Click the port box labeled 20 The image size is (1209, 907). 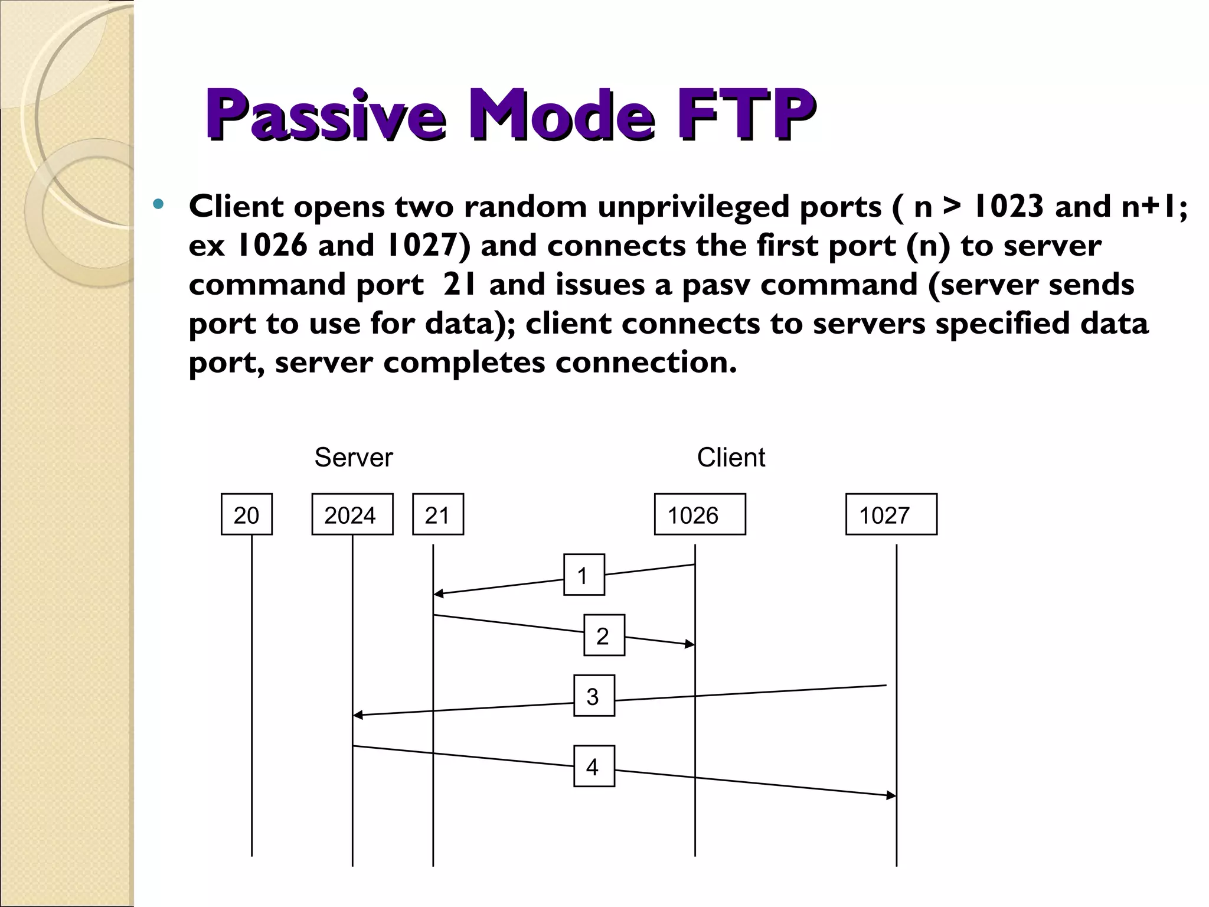pos(247,514)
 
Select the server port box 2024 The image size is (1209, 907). pos(352,514)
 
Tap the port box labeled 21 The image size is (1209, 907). pos(438,514)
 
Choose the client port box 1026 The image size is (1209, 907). pos(700,514)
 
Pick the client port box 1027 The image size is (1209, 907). pos(891,514)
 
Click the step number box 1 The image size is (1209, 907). pos(584,575)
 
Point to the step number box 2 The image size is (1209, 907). pos(604,635)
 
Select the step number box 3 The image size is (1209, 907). pos(594,696)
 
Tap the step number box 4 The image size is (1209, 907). pos(594,766)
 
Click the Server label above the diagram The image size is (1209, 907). pos(353,458)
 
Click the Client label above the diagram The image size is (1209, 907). pos(730,458)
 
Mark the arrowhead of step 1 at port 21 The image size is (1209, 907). pos(437,593)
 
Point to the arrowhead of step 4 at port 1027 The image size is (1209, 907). pos(892,795)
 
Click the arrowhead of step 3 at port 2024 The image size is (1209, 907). pos(357,715)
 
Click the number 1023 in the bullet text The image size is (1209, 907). pos(1008,207)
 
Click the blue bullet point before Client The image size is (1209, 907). pos(158,205)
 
